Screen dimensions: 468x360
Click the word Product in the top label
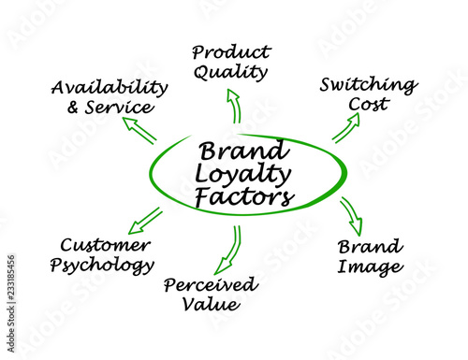tap(231, 52)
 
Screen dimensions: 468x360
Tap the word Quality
tap(230, 72)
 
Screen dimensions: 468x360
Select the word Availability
tap(110, 87)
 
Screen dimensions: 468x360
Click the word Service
tap(120, 107)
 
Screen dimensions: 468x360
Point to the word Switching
tap(369, 85)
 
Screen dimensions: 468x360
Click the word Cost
tap(369, 104)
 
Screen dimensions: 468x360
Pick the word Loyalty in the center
tap(242, 175)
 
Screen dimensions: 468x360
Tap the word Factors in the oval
tap(244, 197)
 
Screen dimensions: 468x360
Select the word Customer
tap(106, 245)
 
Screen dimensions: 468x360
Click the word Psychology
tap(102, 266)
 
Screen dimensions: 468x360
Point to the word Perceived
tap(211, 284)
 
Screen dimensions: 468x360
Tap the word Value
tap(212, 304)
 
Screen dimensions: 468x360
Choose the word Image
tap(371, 267)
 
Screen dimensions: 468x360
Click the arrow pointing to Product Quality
tap(236, 106)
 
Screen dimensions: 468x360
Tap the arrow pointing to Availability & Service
tap(139, 131)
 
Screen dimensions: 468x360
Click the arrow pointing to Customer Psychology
tap(146, 221)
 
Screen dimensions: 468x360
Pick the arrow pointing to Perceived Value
tap(230, 250)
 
